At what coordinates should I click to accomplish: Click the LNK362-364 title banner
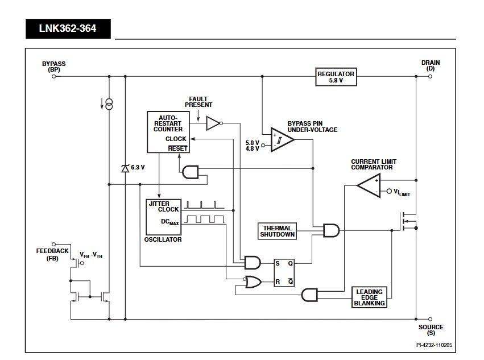pos(68,28)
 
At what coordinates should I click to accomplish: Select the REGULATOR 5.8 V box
pos(336,77)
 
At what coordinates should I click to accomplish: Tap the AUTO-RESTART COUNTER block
pos(168,131)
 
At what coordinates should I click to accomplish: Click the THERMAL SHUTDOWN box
pos(278,230)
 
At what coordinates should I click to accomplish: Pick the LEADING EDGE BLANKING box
pos(370,297)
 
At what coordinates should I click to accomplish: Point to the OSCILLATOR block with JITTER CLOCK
pos(163,217)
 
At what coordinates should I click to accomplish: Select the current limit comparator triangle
pos(369,185)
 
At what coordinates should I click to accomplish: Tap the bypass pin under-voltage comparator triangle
pos(282,139)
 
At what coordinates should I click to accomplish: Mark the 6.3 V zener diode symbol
pos(125,168)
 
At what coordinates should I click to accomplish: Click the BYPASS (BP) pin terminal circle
pos(54,76)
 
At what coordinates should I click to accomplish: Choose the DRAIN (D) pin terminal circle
pos(431,76)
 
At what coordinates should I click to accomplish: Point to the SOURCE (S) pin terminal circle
pos(431,320)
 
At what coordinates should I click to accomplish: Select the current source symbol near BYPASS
pos(109,104)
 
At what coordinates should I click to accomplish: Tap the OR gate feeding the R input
pos(253,282)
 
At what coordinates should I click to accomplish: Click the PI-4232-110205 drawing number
pos(435,345)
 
